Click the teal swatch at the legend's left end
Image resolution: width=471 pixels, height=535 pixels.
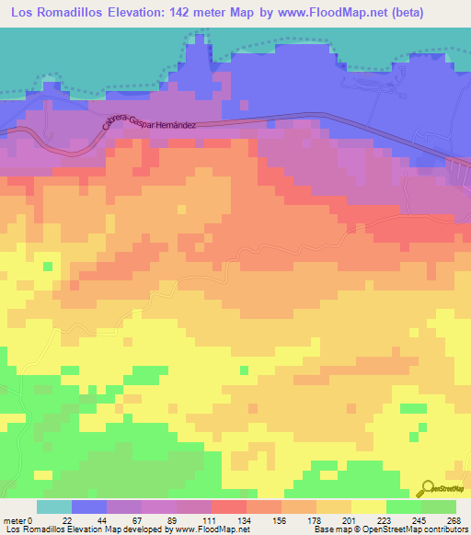[x=54, y=507]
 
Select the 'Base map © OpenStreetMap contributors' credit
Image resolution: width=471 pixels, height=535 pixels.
[x=389, y=529]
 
